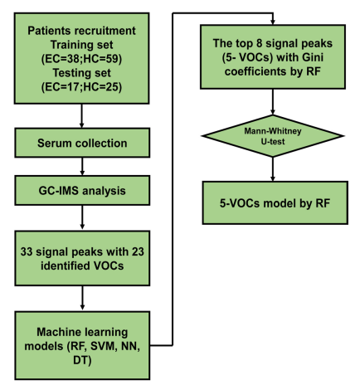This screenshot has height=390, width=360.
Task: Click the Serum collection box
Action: pyautogui.click(x=82, y=143)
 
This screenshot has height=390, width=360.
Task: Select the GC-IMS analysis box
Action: pyautogui.click(x=82, y=191)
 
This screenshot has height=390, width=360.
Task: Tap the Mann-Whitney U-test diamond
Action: pyautogui.click(x=273, y=136)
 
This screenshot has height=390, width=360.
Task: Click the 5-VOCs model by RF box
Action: pyautogui.click(x=275, y=203)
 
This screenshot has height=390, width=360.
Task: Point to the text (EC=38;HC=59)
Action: pyautogui.click(x=81, y=59)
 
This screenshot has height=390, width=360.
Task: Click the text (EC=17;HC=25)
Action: pyautogui.click(x=81, y=87)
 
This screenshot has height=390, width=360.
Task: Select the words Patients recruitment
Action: pyautogui.click(x=81, y=31)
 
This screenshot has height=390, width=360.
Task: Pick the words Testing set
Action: pyautogui.click(x=81, y=73)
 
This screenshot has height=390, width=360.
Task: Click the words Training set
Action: pyautogui.click(x=81, y=45)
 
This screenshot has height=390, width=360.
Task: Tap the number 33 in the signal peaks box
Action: pyautogui.click(x=27, y=251)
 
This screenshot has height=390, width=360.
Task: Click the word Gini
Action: pyautogui.click(x=313, y=57)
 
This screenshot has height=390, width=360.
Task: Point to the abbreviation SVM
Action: pyautogui.click(x=104, y=346)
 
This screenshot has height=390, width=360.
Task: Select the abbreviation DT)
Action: pyautogui.click(x=82, y=360)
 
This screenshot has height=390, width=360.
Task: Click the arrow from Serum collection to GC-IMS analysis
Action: pyautogui.click(x=82, y=167)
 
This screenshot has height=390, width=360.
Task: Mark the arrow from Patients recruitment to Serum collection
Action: pyautogui.click(x=81, y=116)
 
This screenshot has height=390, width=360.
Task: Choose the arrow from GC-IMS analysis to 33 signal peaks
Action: pyautogui.click(x=82, y=217)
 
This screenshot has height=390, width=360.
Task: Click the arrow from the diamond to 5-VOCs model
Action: pyautogui.click(x=273, y=169)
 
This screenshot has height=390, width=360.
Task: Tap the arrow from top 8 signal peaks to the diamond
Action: pyautogui.click(x=273, y=102)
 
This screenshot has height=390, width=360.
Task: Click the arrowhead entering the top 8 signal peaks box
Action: pyautogui.click(x=273, y=22)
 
